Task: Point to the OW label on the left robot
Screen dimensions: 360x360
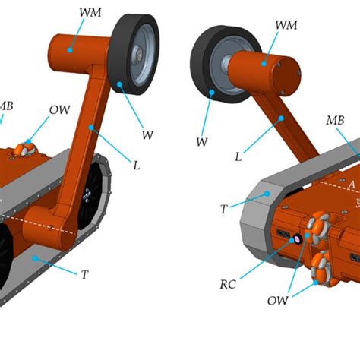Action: [60, 109]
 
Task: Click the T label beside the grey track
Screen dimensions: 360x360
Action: [223, 208]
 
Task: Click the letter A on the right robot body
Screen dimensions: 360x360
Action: [350, 185]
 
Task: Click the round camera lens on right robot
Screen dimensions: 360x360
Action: [298, 238]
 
